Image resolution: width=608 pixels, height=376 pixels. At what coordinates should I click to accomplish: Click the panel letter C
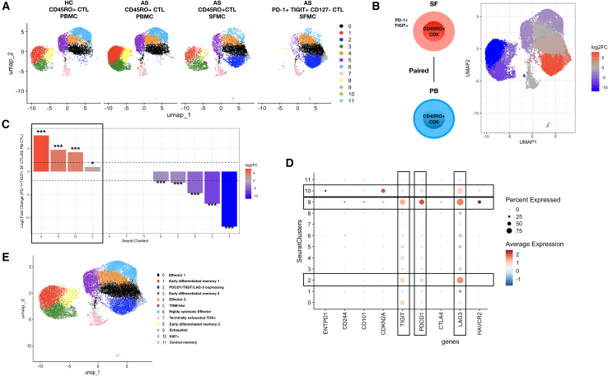(x=6, y=125)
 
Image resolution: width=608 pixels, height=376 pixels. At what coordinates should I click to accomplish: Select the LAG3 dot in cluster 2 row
(x=462, y=281)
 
